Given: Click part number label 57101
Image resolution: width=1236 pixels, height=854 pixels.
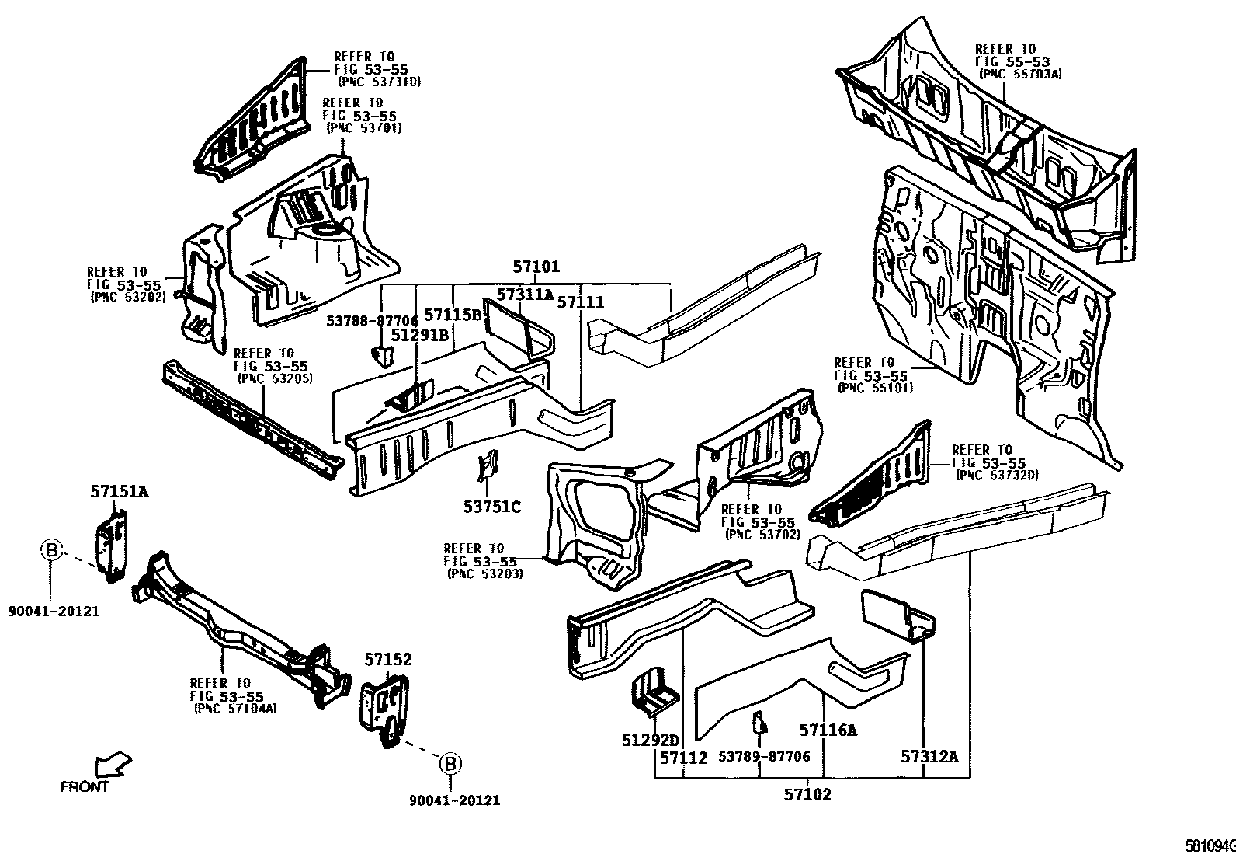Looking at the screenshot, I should pyautogui.click(x=536, y=267).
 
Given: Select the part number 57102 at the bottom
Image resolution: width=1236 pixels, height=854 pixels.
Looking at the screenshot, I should pyautogui.click(x=807, y=794).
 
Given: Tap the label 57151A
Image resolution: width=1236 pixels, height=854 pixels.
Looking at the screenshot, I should pyautogui.click(x=119, y=491).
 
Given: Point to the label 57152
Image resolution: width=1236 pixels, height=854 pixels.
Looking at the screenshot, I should pyautogui.click(x=388, y=659).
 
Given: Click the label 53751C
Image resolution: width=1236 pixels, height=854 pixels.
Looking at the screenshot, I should pyautogui.click(x=492, y=507).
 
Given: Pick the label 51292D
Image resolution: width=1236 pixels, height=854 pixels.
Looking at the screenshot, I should pyautogui.click(x=650, y=740).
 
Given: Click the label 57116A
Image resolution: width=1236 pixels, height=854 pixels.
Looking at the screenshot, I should pyautogui.click(x=828, y=730).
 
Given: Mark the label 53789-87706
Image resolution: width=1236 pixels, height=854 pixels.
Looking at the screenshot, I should pyautogui.click(x=764, y=756).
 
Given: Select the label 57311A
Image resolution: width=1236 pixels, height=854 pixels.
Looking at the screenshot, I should pyautogui.click(x=526, y=295).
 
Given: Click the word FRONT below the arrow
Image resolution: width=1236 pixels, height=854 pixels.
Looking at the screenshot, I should pyautogui.click(x=85, y=786).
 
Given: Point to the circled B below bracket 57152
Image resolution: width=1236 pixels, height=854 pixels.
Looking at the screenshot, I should pyautogui.click(x=450, y=765).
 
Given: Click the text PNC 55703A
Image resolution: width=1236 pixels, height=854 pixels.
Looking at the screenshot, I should pyautogui.click(x=1020, y=74).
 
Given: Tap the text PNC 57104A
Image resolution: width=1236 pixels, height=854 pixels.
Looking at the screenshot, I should pyautogui.click(x=234, y=708).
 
